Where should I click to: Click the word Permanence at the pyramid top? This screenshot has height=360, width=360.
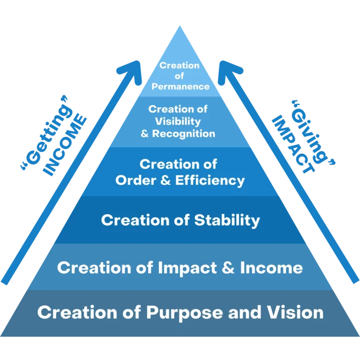pos(180,87)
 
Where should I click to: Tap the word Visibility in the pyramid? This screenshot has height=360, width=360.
pos(178,122)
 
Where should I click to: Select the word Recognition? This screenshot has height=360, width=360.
pos(184,134)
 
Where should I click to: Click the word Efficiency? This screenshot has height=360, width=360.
pos(210,180)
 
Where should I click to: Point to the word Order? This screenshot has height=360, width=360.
pos(136,180)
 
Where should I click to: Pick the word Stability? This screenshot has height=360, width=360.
pos(227,221)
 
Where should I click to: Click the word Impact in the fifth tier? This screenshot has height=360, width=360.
pos(187,268)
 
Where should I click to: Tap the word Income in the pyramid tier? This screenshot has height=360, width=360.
pos(271,268)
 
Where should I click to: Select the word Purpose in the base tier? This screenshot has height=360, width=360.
pos(185,313)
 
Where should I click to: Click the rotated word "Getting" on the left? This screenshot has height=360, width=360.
pos(47,133)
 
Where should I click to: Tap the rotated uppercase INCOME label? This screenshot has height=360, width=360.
pos(65,145)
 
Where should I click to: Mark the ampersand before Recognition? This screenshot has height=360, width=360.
pos(145,134)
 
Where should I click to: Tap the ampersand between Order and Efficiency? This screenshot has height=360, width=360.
pos(166,180)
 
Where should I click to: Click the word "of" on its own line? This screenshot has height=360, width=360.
pos(180,76)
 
